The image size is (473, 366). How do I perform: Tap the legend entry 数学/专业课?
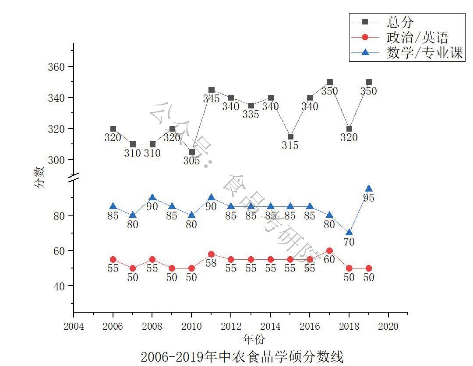click(424, 53)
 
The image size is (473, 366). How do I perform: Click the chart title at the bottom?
click(242, 356)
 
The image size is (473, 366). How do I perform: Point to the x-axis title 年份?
click(254, 339)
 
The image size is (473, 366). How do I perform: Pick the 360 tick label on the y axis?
click(56, 67)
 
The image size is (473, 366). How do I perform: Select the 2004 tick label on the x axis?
click(74, 326)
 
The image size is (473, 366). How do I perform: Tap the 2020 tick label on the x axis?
click(388, 326)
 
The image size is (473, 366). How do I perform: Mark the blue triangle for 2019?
click(369, 189)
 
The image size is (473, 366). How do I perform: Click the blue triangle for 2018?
click(349, 233)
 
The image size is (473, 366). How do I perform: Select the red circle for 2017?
click(329, 251)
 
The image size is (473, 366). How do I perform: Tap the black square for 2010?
click(192, 152)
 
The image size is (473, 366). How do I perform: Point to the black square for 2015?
click(290, 137)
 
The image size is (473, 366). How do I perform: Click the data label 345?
click(211, 99)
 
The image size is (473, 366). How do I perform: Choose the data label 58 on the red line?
click(211, 263)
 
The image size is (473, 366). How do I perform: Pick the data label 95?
click(369, 198)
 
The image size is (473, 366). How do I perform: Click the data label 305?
click(191, 161)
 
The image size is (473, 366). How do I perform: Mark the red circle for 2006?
click(113, 259)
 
